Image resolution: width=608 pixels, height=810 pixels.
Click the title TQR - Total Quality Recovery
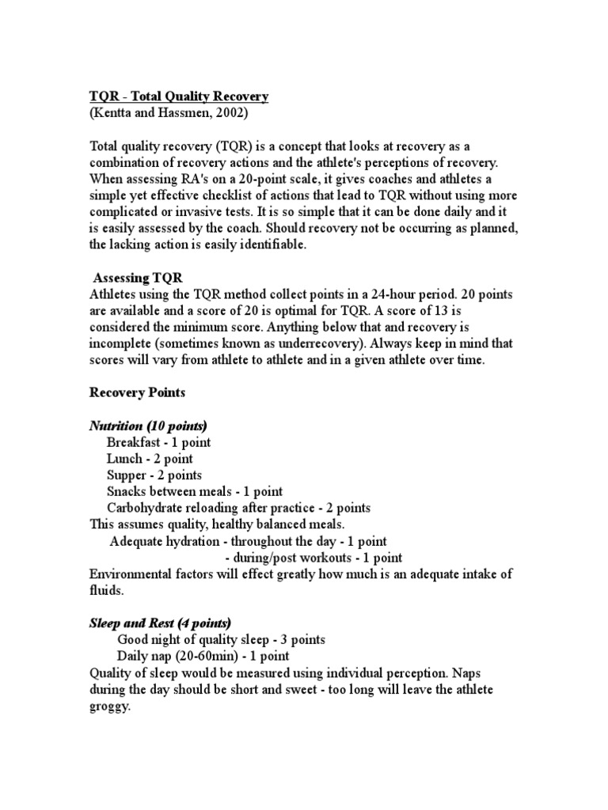179,97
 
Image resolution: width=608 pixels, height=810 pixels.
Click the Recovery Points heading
138,393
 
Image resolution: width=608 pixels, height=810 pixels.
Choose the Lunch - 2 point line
150,459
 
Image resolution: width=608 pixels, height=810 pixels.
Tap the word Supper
127,475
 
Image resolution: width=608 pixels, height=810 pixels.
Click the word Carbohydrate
147,509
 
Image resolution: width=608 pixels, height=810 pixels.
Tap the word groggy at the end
109,706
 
